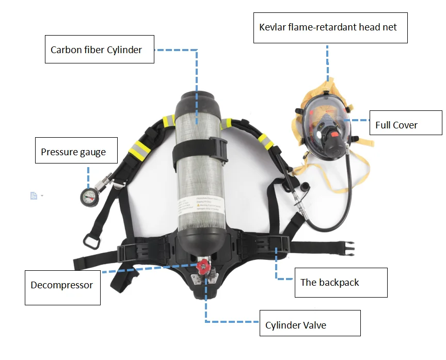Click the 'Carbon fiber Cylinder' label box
pos(100,50)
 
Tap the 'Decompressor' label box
pos(62,285)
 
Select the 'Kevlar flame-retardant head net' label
pos(330,27)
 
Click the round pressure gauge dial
pos(87,195)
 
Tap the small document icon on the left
pos(34,195)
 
